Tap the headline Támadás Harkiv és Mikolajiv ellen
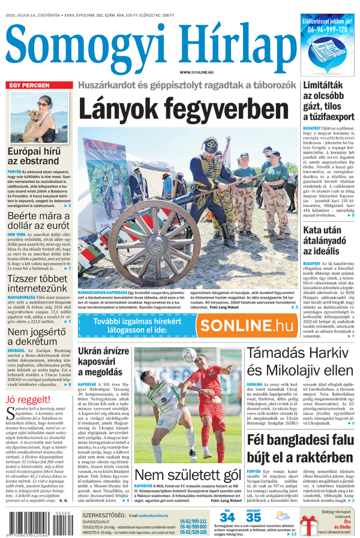tap(301, 362)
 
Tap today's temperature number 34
tap(227, 517)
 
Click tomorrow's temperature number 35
tap(253, 517)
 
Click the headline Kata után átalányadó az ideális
tap(329, 240)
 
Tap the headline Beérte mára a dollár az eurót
tap(39, 222)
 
